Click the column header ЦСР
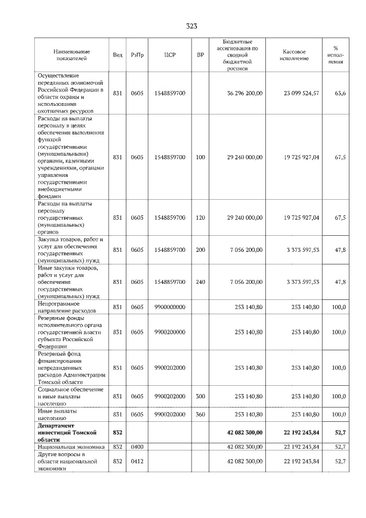[x=169, y=55]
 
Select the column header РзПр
[x=137, y=55]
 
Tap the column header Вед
[x=117, y=55]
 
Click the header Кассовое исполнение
[x=295, y=55]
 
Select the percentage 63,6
[x=340, y=93]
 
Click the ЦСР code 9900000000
[x=170, y=307]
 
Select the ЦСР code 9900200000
[x=170, y=331]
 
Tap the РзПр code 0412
[x=137, y=461]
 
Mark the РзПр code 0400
[x=137, y=446]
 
